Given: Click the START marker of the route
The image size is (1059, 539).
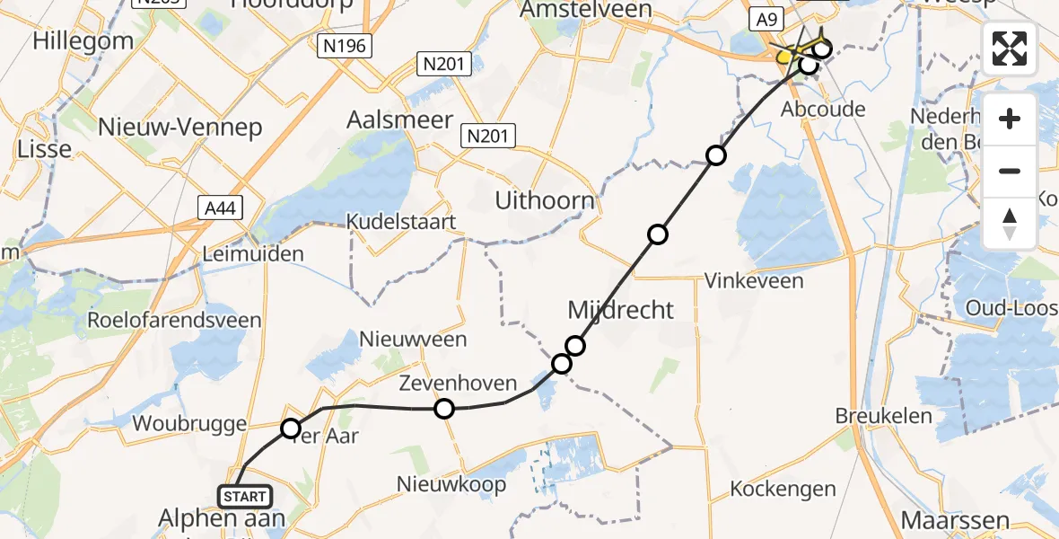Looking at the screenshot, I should click(x=244, y=497).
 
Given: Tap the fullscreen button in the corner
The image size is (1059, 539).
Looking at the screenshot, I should click(x=1010, y=49).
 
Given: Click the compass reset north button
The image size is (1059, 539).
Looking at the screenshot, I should click(x=1010, y=224).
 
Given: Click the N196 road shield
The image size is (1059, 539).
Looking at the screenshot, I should click(x=344, y=45).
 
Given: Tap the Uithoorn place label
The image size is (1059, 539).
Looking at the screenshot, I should click(x=545, y=201).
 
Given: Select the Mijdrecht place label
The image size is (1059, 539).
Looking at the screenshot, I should click(x=621, y=310).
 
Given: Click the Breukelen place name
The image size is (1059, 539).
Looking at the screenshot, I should click(x=883, y=416).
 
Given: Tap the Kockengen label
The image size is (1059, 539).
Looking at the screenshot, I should click(x=783, y=490).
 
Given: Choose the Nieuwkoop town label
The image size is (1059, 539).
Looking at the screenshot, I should click(x=451, y=484).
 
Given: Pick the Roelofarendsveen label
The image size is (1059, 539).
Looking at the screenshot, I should click(x=174, y=320).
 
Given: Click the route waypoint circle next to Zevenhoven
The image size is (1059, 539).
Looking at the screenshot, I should click(x=444, y=410).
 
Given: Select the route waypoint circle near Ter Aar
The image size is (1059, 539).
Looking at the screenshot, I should click(x=291, y=429).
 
